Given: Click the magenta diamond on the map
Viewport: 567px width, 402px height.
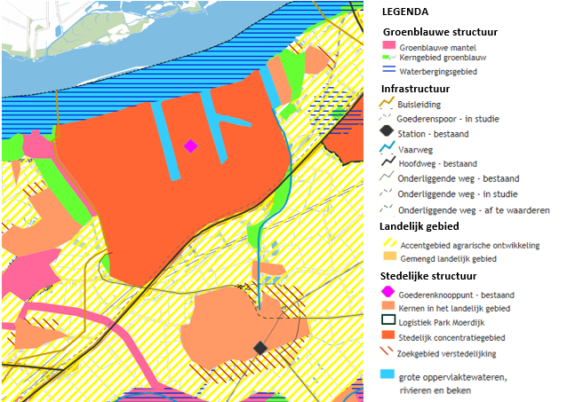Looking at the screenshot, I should (190, 146).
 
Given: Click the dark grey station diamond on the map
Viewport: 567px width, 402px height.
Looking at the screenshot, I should (260, 348).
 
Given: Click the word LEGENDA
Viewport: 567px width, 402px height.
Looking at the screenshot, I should (407, 12).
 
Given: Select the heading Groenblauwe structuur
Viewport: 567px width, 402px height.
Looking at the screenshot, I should (439, 31).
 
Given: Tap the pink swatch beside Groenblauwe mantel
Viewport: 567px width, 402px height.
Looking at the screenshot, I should (387, 45).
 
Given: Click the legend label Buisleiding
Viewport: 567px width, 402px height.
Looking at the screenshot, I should (419, 104).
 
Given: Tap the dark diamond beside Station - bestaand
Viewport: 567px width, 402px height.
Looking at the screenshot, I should (387, 134).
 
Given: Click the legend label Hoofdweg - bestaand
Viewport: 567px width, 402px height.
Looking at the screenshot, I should (443, 164).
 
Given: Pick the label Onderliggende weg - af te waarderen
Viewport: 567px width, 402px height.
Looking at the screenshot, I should (474, 209).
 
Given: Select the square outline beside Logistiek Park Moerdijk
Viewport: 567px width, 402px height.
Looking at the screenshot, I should (387, 320).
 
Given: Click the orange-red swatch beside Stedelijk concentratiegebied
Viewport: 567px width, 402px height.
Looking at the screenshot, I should (387, 335).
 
